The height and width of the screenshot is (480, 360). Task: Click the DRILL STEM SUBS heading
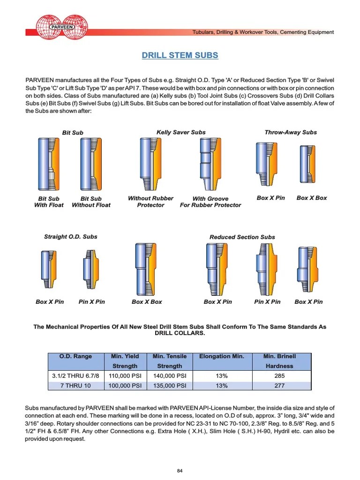click(x=180, y=55)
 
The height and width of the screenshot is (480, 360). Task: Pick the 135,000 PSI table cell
click(x=169, y=386)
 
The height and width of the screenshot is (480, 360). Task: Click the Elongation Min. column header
click(x=222, y=357)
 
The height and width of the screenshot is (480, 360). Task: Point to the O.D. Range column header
click(x=75, y=357)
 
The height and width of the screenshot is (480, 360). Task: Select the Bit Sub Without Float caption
click(x=91, y=202)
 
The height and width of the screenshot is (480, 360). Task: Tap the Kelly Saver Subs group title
click(x=181, y=132)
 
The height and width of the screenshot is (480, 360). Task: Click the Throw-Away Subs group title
click(x=291, y=132)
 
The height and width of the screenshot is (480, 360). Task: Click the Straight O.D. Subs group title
click(x=70, y=237)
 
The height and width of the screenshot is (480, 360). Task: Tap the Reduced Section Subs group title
click(x=242, y=237)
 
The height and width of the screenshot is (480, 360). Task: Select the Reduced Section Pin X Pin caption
click(x=267, y=302)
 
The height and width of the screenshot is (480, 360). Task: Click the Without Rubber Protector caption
click(x=150, y=202)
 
